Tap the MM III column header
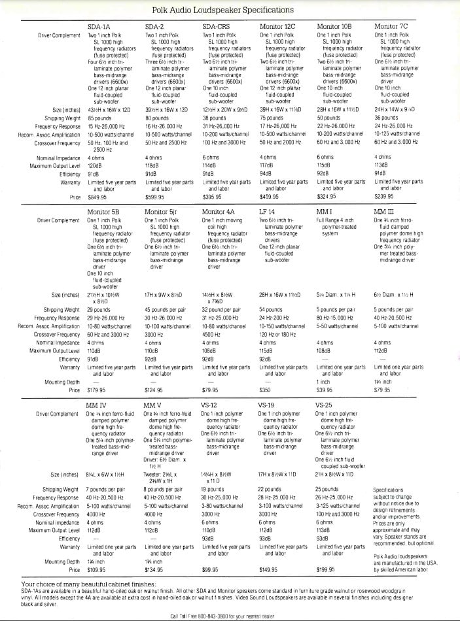tap(383, 212)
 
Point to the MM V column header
tap(156, 405)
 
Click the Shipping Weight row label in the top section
tap(62, 118)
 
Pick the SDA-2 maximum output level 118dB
tap(154, 166)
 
